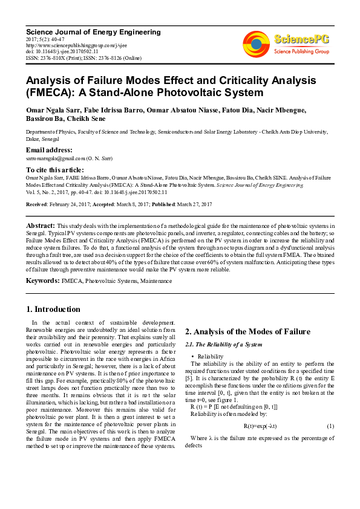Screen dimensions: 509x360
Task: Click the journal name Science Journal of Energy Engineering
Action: (93, 31)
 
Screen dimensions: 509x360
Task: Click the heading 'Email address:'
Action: (49, 149)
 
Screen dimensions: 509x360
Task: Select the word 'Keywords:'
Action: (42, 264)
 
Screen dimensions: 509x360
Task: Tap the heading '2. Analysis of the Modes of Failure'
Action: (247, 331)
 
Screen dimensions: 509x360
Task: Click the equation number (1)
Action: (330, 426)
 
